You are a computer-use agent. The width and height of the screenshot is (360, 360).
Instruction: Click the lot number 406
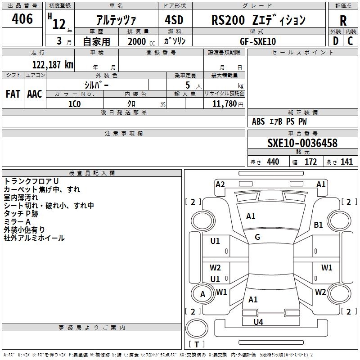tap(22, 19)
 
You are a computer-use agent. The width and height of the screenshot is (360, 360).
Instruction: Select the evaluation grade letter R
tap(343, 21)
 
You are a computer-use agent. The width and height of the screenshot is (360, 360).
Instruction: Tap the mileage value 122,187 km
tap(53, 65)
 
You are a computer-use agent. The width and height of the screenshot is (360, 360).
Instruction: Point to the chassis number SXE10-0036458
tap(302, 143)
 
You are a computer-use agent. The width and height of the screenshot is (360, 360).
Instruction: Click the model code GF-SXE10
tap(258, 41)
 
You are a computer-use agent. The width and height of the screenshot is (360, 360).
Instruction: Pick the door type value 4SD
tap(174, 20)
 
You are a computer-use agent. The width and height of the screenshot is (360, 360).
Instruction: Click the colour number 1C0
tap(75, 104)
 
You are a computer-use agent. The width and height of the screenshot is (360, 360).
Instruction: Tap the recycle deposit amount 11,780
tap(225, 104)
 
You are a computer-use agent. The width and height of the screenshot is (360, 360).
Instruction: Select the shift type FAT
tap(13, 94)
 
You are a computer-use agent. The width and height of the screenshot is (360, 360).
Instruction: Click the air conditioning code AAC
tap(35, 94)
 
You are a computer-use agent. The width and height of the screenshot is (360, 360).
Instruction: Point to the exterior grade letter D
tap(336, 41)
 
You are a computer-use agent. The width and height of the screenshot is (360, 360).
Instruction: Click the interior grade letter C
tap(350, 41)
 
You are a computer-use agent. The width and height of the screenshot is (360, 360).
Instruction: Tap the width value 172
tap(310, 162)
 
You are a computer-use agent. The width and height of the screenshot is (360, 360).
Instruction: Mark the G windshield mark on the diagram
tap(257, 237)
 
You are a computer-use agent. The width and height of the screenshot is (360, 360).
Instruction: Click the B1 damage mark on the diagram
tap(318, 225)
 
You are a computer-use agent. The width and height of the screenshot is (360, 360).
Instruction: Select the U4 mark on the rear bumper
tap(258, 322)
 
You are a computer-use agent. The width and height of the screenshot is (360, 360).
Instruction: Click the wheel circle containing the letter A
tap(203, 294)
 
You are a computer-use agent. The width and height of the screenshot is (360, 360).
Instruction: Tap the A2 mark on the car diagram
tap(220, 184)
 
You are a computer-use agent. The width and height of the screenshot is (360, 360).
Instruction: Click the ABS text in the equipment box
tap(258, 121)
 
